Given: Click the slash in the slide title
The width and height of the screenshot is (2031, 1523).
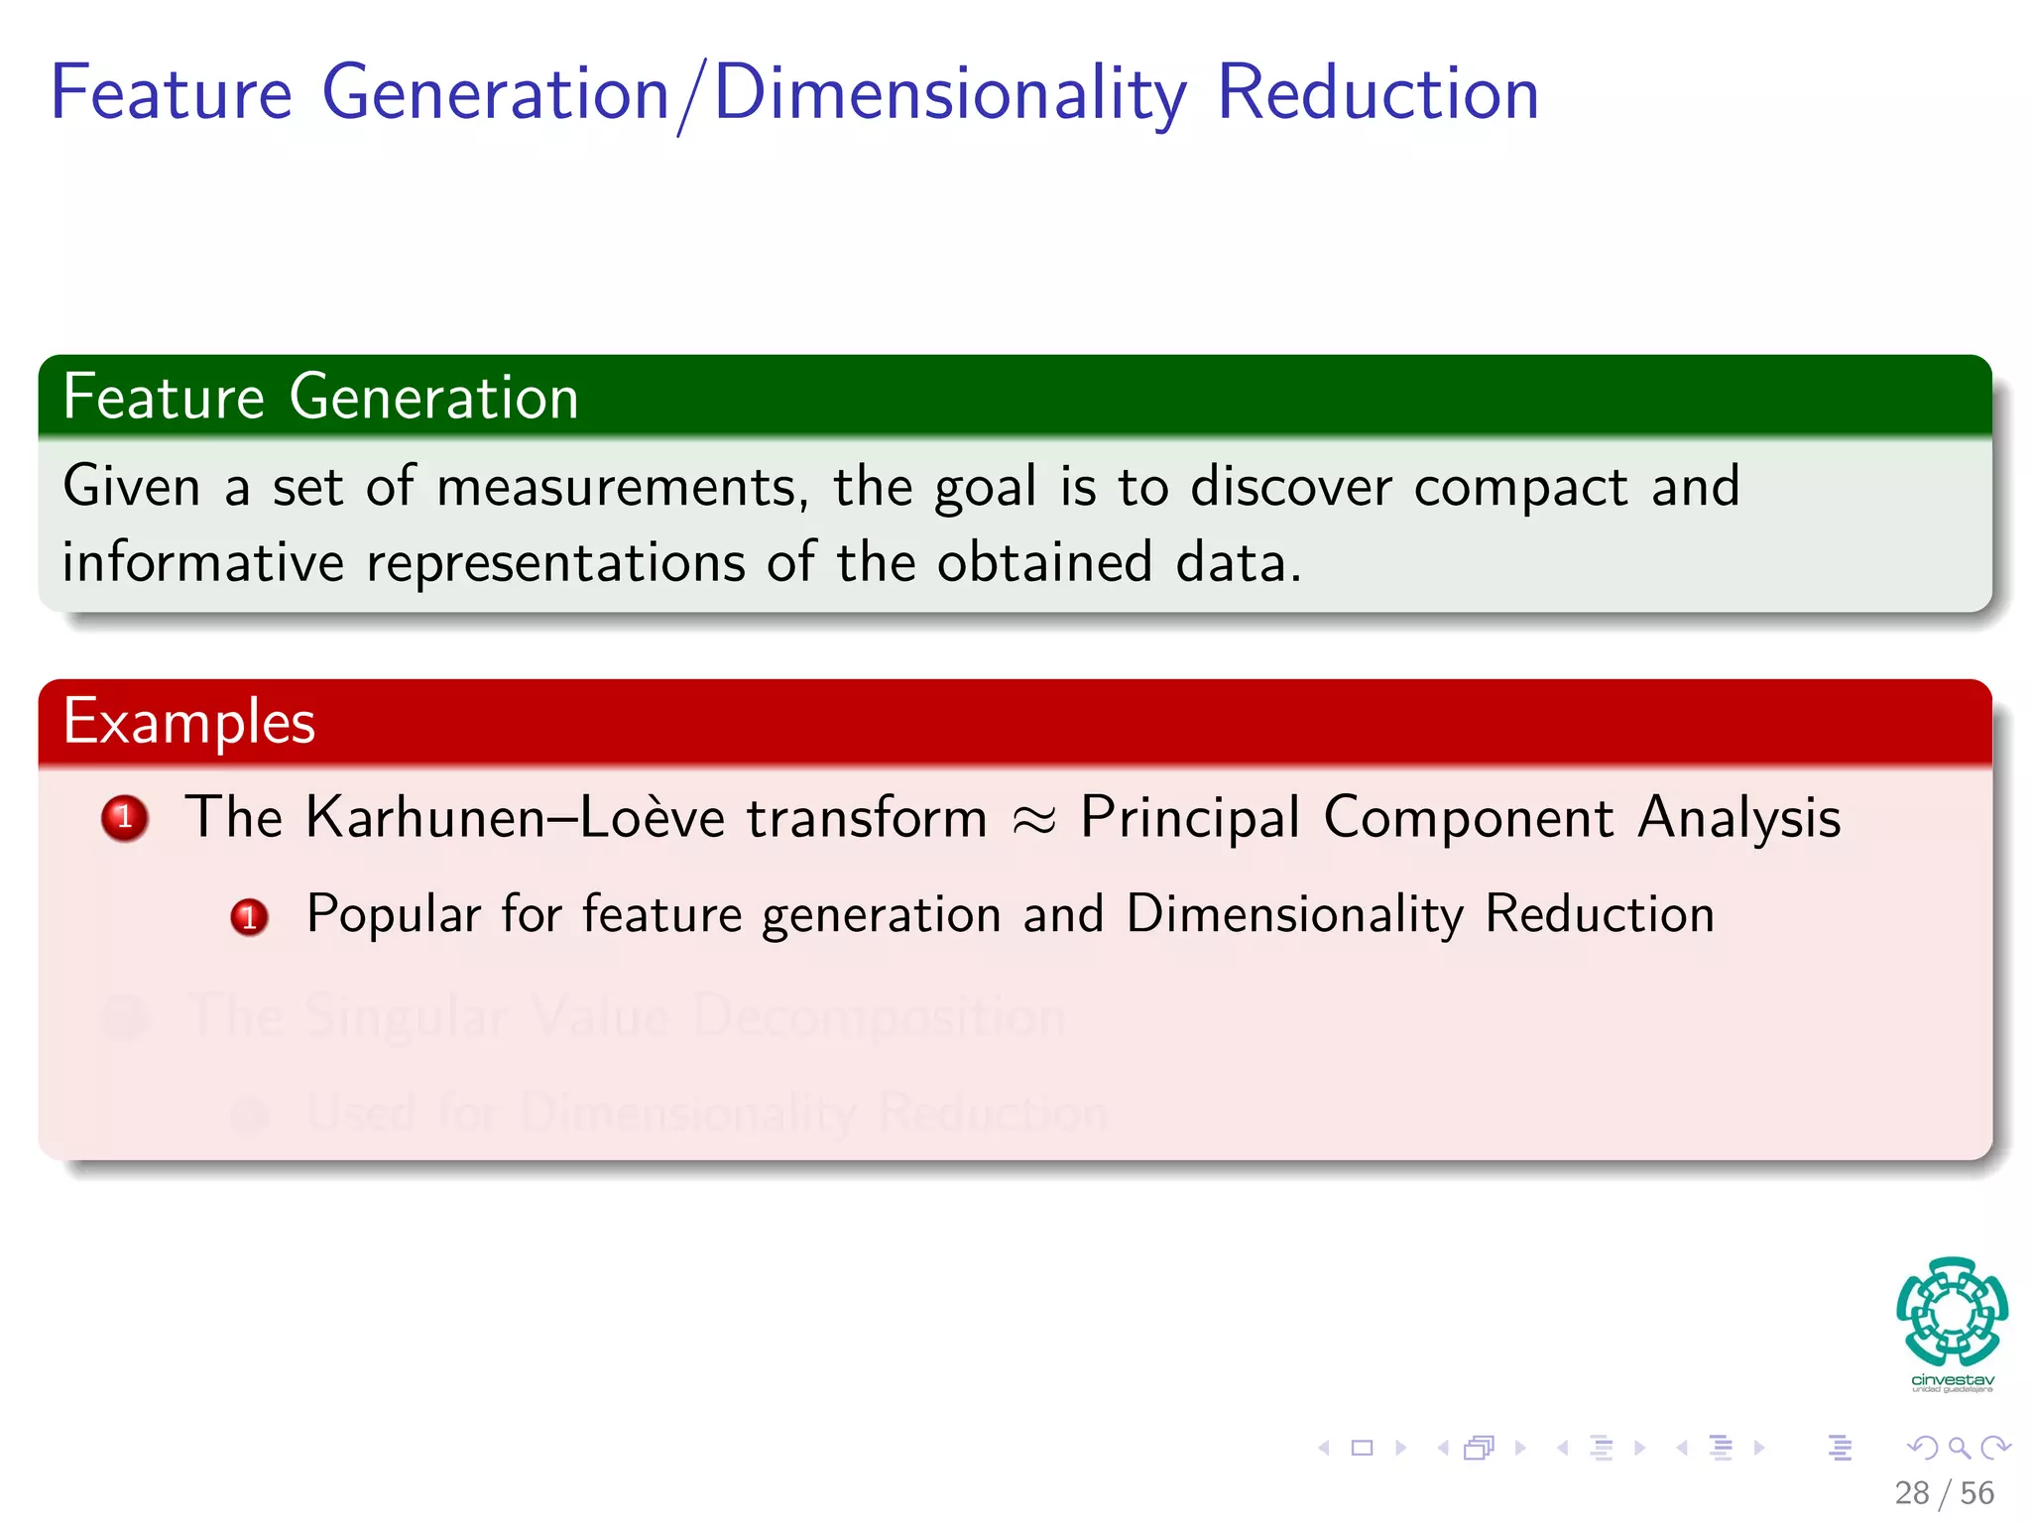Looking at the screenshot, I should (691, 96).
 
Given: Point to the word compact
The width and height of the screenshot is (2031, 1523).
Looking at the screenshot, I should (1520, 488).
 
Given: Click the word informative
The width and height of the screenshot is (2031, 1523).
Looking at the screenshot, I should (203, 563).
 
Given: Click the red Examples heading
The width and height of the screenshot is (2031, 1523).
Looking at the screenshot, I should (189, 722).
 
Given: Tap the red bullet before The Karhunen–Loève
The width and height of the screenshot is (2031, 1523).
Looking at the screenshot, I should (125, 819).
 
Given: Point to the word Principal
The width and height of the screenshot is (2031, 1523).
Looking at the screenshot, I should (1189, 819).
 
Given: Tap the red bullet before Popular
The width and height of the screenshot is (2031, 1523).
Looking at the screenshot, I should (249, 917).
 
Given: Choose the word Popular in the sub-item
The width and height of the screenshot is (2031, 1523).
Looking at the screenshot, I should (394, 914).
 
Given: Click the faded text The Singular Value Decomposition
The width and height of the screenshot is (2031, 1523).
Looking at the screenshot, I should (627, 1016).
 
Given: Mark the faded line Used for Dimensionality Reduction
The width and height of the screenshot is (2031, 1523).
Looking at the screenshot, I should (706, 1113).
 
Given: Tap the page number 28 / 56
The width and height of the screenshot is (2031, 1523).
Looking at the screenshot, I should (1944, 1493).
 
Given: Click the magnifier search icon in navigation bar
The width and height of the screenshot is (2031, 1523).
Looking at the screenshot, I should (1959, 1448).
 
